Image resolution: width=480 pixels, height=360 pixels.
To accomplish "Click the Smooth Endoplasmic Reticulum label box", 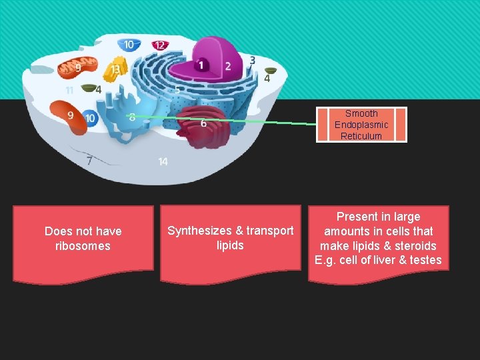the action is (x=361, y=125).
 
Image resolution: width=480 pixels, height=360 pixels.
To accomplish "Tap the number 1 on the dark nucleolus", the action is (x=201, y=65).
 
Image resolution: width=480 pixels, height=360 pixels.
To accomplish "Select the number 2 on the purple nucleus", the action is (x=227, y=66).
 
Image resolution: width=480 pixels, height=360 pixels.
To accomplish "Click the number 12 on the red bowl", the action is (x=159, y=45).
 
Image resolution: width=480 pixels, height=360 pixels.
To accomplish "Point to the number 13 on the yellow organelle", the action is (x=116, y=69).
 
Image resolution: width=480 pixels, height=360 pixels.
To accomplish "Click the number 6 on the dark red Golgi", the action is (x=203, y=123).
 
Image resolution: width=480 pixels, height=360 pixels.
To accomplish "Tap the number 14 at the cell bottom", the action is (x=163, y=161).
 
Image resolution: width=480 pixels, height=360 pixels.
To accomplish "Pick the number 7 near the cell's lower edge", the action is (x=89, y=160).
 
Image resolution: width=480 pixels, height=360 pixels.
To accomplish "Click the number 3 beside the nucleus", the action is (x=253, y=61).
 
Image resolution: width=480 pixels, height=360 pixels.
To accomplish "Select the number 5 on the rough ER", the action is (x=177, y=89).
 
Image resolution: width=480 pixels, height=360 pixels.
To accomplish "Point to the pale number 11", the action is (x=70, y=90).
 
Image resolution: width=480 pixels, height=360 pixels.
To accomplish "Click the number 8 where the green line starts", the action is (x=132, y=117).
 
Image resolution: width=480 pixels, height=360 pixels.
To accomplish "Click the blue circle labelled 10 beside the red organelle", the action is (x=90, y=119).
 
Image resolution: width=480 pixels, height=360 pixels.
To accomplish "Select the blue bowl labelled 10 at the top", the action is (x=129, y=45).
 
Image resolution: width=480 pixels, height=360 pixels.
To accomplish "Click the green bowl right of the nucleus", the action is (x=271, y=70).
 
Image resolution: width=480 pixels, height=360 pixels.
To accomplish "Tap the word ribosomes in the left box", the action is (x=83, y=246).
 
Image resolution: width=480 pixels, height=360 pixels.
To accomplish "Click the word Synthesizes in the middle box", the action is (x=198, y=231).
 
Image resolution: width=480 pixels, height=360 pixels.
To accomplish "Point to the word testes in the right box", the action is (x=425, y=260).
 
